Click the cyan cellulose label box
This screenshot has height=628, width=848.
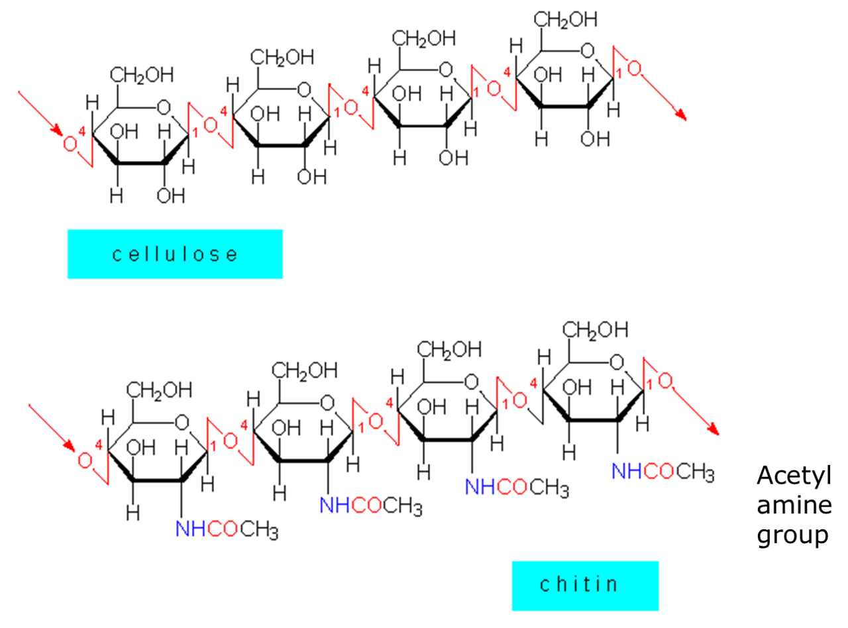(175, 254)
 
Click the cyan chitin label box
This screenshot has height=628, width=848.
(585, 586)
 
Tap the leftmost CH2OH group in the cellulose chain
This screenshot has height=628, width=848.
(142, 75)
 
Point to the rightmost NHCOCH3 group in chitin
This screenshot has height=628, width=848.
(662, 472)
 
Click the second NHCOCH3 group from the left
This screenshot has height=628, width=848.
(370, 507)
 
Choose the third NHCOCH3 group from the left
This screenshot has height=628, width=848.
(516, 488)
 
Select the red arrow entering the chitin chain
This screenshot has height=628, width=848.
(52, 427)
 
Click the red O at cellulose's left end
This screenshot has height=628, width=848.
(70, 143)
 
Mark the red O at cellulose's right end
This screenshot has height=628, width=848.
(634, 68)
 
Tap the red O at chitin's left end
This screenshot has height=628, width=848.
(85, 460)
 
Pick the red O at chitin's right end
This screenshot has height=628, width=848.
(665, 380)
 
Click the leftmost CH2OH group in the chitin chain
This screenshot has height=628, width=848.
(160, 390)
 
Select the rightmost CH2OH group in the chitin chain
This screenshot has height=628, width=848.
(595, 329)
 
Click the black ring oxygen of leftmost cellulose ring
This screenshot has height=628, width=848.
(164, 107)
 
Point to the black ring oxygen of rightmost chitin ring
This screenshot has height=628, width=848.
(617, 362)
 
